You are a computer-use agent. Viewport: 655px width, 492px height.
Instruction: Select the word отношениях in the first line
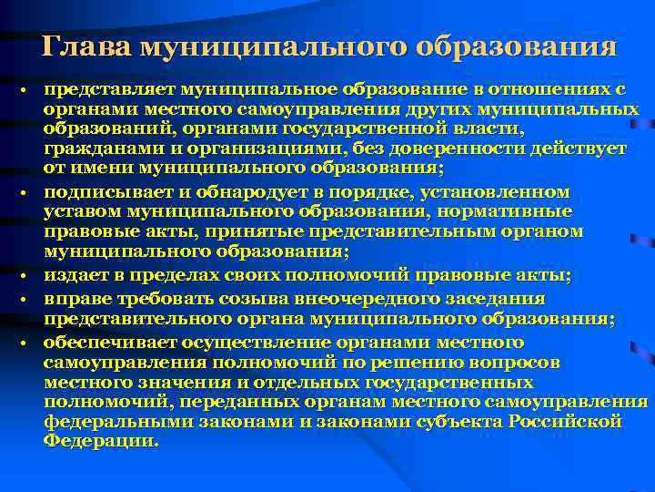pos(556,90)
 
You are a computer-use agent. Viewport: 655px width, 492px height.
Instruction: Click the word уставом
pos(80,211)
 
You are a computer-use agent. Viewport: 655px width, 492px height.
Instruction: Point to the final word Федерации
pos(99,439)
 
